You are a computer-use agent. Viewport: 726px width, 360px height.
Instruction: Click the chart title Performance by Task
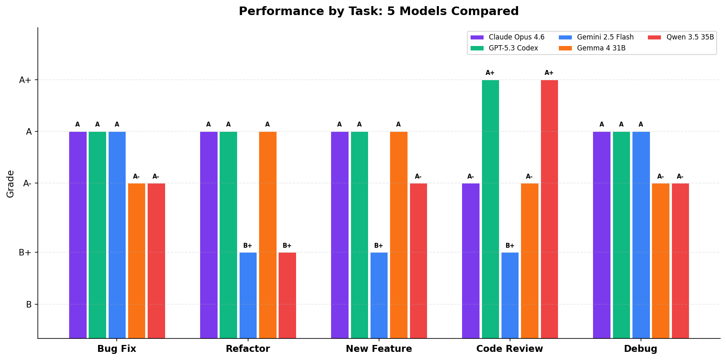point(378,11)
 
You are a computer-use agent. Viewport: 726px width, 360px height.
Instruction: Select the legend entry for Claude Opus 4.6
point(516,37)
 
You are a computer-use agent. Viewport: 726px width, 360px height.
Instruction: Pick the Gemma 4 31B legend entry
point(601,48)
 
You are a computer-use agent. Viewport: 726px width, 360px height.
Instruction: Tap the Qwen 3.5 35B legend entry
point(690,37)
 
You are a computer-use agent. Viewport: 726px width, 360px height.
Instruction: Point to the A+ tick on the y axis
point(25,80)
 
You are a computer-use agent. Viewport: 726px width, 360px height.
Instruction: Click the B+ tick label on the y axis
point(25,253)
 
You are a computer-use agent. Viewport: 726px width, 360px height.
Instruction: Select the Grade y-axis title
point(11,184)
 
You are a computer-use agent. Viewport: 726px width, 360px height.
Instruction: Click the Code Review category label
point(509,349)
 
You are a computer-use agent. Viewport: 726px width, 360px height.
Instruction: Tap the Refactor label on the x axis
point(248,349)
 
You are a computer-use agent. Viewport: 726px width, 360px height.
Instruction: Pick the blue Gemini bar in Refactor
point(248,295)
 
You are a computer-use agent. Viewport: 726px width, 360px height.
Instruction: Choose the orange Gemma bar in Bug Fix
point(136,261)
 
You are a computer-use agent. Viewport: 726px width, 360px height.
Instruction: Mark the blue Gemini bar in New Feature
point(379,295)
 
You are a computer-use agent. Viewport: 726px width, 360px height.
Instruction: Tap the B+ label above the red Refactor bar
point(287,246)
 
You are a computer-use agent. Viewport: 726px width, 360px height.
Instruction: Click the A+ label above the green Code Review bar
point(490,73)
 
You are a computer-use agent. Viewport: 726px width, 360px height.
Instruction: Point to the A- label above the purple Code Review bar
point(471,177)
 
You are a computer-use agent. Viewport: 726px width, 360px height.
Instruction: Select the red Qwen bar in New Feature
point(418,261)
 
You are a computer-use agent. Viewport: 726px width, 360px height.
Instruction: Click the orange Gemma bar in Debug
point(661,261)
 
